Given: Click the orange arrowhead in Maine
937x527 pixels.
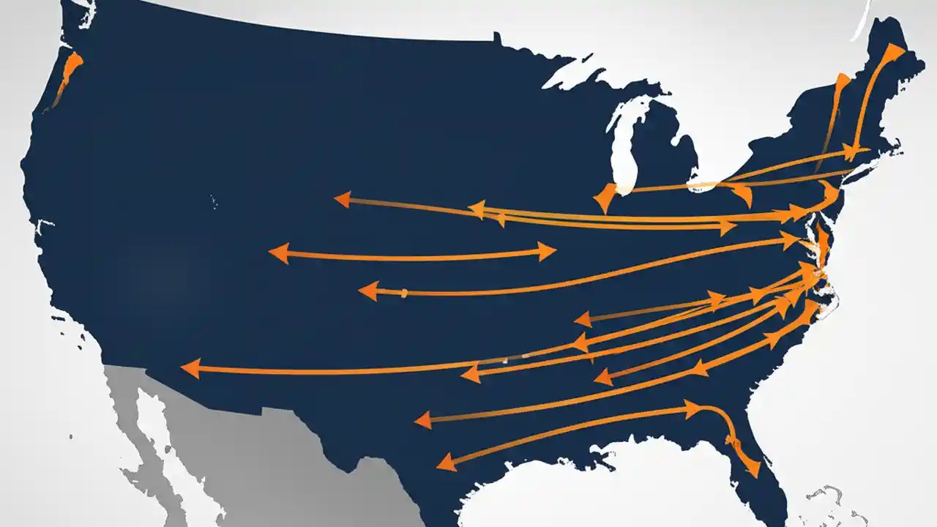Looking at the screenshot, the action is click(895, 53).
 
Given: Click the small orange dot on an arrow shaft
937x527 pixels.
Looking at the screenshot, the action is click(403, 293).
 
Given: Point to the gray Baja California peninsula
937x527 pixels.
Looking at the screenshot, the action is click(146, 439).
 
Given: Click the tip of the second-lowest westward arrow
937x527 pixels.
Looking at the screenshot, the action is click(422, 420).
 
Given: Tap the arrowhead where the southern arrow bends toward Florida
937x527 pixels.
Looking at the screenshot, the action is click(692, 408).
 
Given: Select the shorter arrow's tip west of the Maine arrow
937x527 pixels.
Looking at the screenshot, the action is click(842, 81).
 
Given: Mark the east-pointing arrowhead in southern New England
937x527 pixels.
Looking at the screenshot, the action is click(851, 152).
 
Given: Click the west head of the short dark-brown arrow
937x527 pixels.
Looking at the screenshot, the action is click(583, 318).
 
